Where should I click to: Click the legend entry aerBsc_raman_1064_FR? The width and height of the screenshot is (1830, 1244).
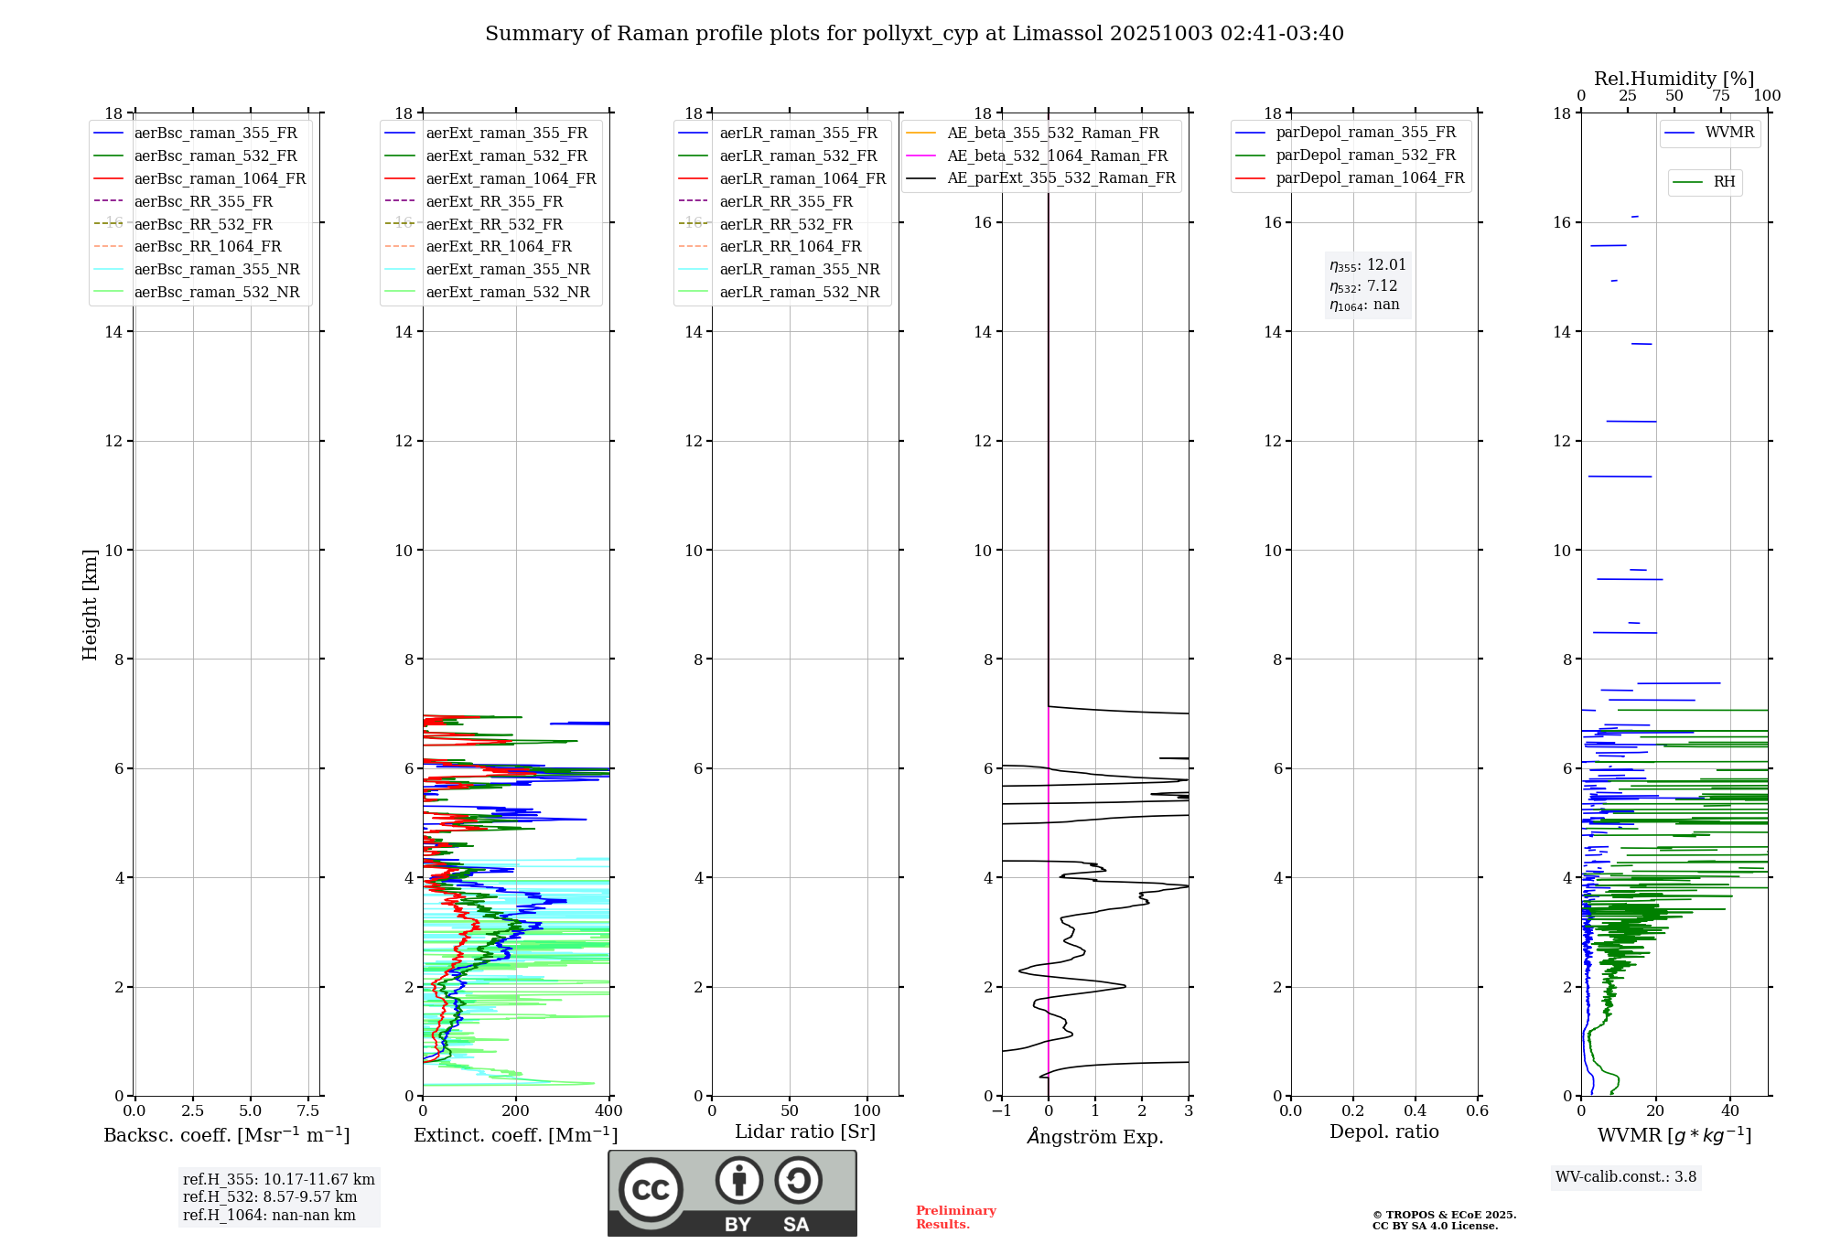(220, 179)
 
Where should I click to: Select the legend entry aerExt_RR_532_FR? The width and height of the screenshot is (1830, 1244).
(494, 224)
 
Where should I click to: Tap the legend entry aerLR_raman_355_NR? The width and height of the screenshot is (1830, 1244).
(799, 270)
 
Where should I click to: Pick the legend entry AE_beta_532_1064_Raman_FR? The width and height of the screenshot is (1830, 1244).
(1057, 156)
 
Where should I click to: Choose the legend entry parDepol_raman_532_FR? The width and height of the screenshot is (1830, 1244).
(1365, 155)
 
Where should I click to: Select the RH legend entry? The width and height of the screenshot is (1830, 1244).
(1724, 182)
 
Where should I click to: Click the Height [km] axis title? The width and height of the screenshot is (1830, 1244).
(90, 605)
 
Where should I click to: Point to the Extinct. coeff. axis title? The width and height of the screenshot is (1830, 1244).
(515, 1136)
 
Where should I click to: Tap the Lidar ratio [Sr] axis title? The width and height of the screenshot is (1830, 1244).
(805, 1132)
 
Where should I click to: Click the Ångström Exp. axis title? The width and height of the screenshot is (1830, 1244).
(1095, 1137)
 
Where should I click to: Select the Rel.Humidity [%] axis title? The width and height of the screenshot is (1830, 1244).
(1674, 79)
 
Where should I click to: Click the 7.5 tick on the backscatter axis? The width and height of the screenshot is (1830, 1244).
(308, 1111)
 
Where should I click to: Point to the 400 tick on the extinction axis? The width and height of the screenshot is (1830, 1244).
(608, 1111)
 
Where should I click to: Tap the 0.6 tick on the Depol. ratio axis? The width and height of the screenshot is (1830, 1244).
(1477, 1111)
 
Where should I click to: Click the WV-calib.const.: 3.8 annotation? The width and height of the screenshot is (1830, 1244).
(1626, 1177)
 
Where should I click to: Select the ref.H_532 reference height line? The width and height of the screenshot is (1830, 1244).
(270, 1197)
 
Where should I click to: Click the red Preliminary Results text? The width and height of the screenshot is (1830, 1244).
(955, 1217)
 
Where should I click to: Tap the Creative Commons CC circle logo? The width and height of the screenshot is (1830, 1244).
(651, 1190)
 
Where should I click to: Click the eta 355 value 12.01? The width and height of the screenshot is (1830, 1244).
(1368, 265)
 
